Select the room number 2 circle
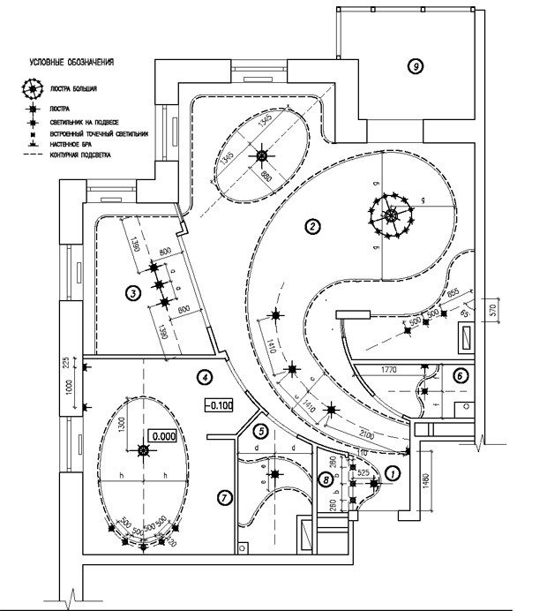(x=311, y=226)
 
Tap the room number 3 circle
(x=131, y=293)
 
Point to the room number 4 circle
(x=205, y=377)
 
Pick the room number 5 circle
(x=260, y=432)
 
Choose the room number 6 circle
(x=460, y=374)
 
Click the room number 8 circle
(x=326, y=480)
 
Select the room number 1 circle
(x=393, y=473)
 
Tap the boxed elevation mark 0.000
(x=163, y=435)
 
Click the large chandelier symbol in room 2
(x=391, y=215)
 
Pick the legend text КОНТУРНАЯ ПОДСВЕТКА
(x=88, y=155)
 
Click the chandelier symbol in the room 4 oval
(x=143, y=451)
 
